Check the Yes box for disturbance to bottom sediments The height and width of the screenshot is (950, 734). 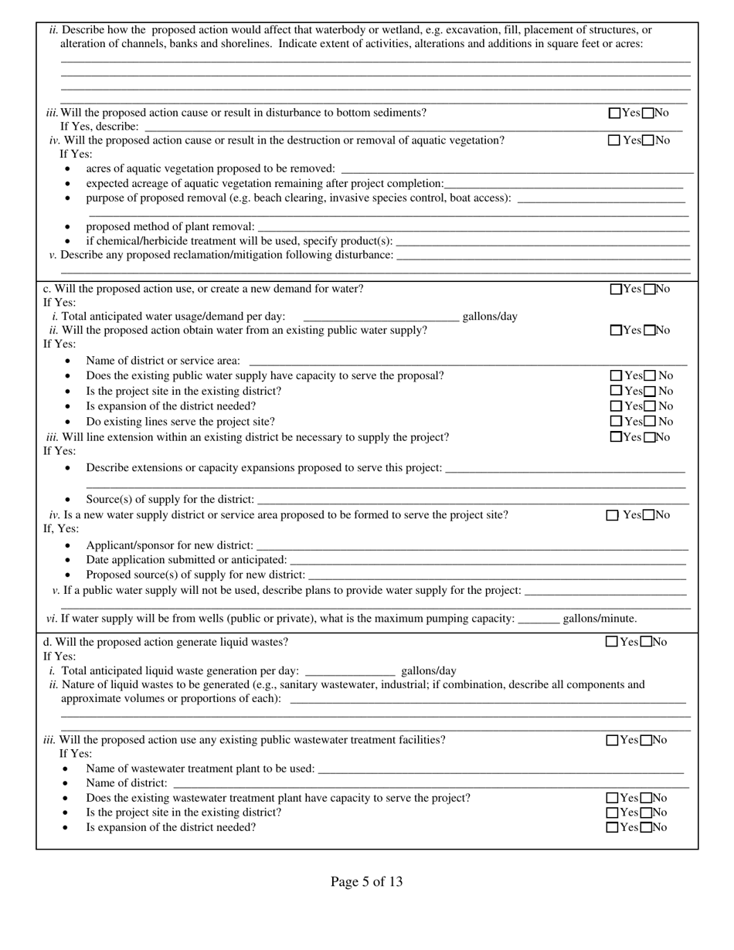point(614,114)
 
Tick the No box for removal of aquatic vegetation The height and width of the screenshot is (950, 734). point(648,141)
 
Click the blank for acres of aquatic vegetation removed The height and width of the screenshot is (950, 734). point(516,168)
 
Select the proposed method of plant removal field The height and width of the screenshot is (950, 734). point(473,226)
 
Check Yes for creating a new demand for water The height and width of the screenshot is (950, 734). point(616,290)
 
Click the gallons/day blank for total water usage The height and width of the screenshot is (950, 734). point(381,316)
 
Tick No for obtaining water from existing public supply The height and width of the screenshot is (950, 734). point(650,331)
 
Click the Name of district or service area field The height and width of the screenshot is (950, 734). point(467,361)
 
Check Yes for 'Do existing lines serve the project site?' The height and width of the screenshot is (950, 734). point(617,422)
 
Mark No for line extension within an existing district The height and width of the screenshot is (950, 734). point(650,437)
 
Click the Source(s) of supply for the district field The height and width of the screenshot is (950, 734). point(473,500)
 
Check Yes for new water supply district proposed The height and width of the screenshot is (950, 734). point(613,515)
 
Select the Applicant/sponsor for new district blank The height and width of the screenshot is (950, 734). point(472,546)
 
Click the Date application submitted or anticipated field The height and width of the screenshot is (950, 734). point(488,560)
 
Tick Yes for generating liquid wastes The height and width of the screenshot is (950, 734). point(612,642)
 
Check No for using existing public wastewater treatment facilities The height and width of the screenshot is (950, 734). point(647,741)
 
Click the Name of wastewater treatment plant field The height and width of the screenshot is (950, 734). point(501,768)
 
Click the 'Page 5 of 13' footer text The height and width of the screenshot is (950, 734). point(366,882)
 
